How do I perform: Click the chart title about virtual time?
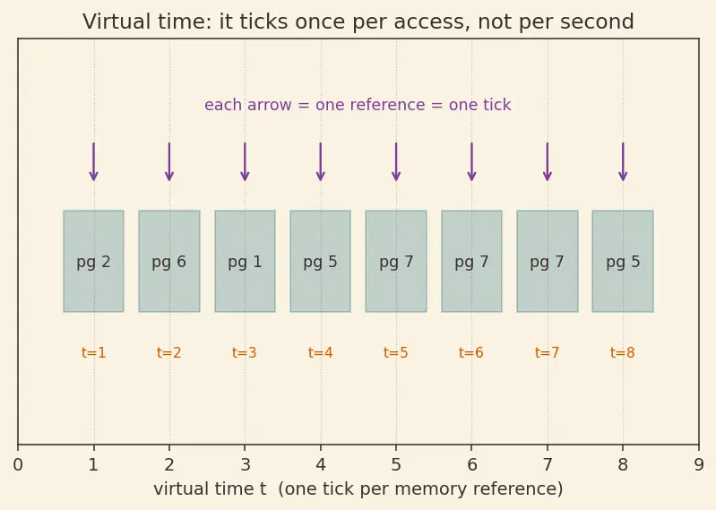[358, 22]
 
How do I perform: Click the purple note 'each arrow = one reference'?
[358, 105]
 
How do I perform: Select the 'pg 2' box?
[93, 261]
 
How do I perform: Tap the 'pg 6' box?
[169, 261]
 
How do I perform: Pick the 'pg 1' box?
[246, 261]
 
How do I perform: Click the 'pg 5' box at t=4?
[321, 261]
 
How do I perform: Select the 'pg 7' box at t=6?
[471, 261]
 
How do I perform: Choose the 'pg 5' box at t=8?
[623, 261]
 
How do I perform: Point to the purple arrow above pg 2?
[93, 161]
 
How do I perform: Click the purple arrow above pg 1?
[246, 161]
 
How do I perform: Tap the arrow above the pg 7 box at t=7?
[548, 161]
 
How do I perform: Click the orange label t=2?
[169, 352]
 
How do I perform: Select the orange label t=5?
[396, 352]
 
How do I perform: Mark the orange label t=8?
[623, 352]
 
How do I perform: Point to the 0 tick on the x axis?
[18, 465]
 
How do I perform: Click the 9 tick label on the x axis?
[699, 465]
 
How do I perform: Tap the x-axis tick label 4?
[321, 465]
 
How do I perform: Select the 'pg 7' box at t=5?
[396, 261]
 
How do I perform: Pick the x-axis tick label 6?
[471, 465]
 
